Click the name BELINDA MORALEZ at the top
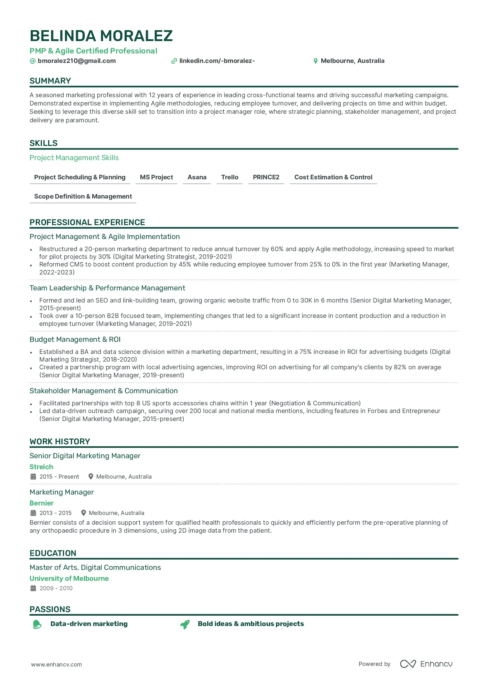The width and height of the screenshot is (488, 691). (x=101, y=36)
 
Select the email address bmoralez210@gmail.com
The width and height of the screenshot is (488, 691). (x=76, y=61)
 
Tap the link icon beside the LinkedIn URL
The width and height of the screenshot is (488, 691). (x=174, y=61)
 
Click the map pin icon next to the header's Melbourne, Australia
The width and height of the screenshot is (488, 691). (x=315, y=61)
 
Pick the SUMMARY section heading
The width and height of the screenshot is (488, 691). (x=50, y=81)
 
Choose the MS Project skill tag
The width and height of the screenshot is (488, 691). (x=156, y=177)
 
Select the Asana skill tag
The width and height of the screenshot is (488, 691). (x=197, y=177)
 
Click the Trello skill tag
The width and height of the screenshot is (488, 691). (x=230, y=177)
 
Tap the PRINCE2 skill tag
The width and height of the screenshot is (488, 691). (x=266, y=177)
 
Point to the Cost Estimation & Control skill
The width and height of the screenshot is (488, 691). (x=333, y=177)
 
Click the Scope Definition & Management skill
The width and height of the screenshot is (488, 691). (x=83, y=196)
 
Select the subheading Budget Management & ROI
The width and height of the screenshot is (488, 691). (x=75, y=339)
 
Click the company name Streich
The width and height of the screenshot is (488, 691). (x=41, y=467)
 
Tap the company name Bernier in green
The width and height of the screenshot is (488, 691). (x=42, y=503)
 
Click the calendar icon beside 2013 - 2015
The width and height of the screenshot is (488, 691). (x=33, y=513)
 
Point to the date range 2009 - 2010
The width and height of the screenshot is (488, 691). (x=56, y=588)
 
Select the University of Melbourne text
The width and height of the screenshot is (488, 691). (x=69, y=578)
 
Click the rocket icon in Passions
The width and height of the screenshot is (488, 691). (x=185, y=624)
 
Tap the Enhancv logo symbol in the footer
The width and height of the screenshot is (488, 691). (x=408, y=664)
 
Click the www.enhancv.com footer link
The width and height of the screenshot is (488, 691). (x=56, y=664)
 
